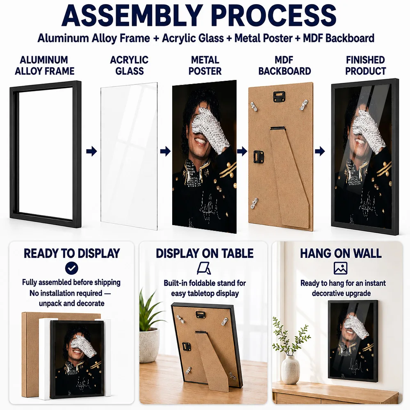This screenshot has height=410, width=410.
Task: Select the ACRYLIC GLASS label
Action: click(x=130, y=65)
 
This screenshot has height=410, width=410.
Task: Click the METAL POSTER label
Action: click(x=205, y=65)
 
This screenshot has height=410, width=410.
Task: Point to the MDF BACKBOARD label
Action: click(x=285, y=65)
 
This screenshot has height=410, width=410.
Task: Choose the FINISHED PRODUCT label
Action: click(x=365, y=65)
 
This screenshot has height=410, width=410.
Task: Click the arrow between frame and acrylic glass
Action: click(x=91, y=151)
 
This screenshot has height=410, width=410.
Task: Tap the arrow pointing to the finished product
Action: click(x=320, y=151)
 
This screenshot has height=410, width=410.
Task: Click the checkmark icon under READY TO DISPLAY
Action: click(x=72, y=268)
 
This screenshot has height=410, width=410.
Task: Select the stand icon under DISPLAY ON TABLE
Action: click(x=204, y=269)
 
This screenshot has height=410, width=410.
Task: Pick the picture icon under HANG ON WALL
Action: click(x=340, y=268)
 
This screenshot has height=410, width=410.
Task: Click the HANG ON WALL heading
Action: click(x=341, y=253)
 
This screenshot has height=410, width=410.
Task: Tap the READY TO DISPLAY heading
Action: click(x=72, y=253)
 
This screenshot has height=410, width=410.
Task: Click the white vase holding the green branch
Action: click(x=291, y=369)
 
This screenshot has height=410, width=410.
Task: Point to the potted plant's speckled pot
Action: click(x=149, y=345)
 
